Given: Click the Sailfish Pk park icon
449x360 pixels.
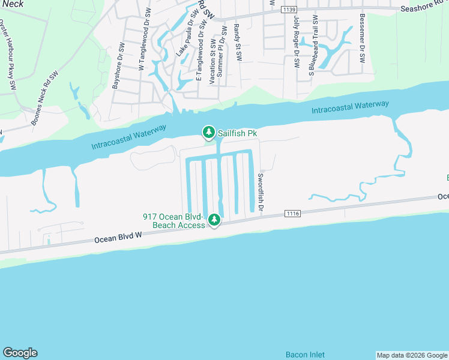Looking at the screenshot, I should pos(208,132).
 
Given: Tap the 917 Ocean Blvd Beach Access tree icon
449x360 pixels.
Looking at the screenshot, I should pos(214,221).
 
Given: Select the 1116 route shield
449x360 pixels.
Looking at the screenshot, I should pos(292,214).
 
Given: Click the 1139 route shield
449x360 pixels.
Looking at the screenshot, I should pos(289,9).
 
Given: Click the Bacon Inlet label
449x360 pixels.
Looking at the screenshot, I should pos(305,355).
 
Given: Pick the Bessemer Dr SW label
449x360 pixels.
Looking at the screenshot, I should pos(362,38).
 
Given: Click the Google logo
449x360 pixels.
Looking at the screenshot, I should pos(20,353).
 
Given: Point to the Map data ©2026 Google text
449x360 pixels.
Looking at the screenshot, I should pos(411,355).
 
